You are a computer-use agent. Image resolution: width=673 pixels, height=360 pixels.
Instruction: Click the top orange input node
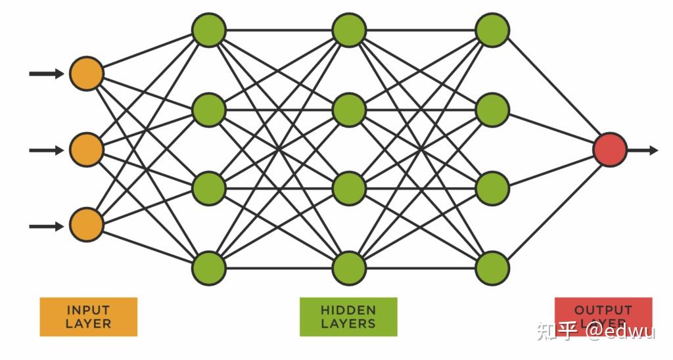click(87, 74)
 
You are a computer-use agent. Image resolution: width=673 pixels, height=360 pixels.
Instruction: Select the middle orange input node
click(87, 150)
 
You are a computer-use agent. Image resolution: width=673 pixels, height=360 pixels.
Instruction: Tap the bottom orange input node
click(87, 226)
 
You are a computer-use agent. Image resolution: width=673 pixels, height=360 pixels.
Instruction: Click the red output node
click(610, 150)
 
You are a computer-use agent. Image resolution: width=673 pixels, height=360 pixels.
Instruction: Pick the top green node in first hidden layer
click(209, 30)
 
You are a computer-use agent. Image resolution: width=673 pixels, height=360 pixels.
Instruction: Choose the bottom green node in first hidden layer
click(209, 267)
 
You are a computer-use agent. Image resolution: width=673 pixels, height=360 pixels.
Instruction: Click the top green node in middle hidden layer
click(349, 30)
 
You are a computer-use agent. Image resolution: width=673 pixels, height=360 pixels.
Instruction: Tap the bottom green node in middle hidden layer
click(349, 267)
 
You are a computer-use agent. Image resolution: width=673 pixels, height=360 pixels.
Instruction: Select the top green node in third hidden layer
click(492, 30)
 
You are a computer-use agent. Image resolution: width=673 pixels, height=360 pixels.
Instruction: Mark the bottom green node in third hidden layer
click(492, 267)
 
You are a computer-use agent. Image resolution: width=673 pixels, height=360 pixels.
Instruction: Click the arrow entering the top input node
click(47, 74)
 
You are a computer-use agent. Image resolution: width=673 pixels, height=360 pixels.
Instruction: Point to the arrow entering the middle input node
click(47, 150)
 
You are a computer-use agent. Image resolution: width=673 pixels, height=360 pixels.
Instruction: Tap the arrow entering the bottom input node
click(47, 226)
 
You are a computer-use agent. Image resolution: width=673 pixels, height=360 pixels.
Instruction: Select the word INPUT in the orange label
click(88, 309)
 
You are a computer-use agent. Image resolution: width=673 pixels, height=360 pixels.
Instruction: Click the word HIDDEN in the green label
click(348, 309)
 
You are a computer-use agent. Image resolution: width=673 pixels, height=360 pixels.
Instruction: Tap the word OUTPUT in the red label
click(603, 309)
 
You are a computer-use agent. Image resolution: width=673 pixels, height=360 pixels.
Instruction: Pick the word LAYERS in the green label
click(348, 323)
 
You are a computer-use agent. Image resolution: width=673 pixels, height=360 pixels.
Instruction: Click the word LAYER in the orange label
click(88, 323)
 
